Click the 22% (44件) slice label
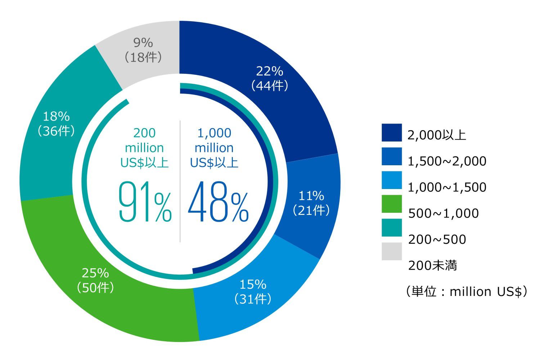point(270,78)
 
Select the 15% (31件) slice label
point(253,292)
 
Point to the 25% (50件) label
point(95,280)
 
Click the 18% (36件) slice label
point(56,123)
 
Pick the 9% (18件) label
point(143,50)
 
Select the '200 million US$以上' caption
point(144,148)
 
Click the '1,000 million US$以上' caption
point(214,148)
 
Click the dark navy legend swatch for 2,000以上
point(392,133)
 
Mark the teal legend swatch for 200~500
point(392,228)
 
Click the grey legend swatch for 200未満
point(392,251)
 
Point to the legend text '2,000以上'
point(437,135)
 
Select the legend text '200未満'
point(432,265)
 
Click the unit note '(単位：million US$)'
point(466,291)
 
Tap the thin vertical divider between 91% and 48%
point(180,180)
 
